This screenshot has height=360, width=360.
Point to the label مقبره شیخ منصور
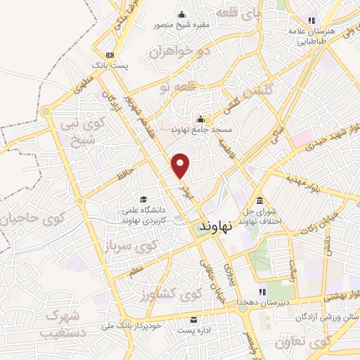point(182,26)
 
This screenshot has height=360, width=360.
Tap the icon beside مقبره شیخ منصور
point(182,15)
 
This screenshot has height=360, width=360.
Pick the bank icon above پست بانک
point(109,55)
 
